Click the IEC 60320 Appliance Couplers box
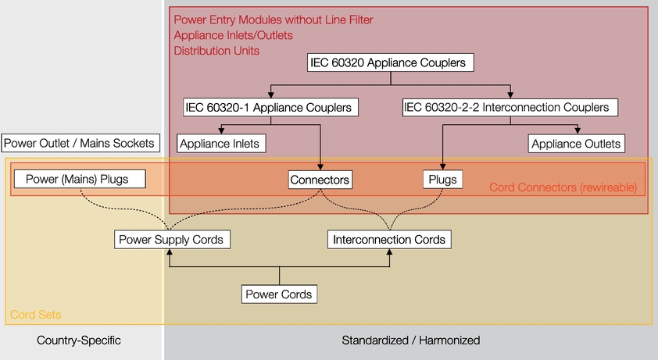coord(390,62)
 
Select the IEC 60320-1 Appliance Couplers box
coord(270,108)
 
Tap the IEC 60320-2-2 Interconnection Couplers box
coord(510,108)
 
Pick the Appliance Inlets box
coord(221,144)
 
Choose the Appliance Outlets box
coord(576,144)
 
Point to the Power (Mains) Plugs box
coord(80,179)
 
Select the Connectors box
coord(320,180)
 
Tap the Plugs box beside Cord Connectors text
coord(443,180)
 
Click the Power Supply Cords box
coord(172,239)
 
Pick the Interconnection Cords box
coord(389,239)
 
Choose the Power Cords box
coord(279,294)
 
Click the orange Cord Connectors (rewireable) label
coord(563,187)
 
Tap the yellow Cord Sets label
coord(36,315)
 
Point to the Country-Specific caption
coord(79,340)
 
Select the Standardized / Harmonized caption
coord(411,340)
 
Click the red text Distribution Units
coord(216,51)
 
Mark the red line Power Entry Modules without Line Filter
coord(274,20)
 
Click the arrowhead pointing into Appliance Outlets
coord(578,130)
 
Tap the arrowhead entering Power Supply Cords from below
coord(170,252)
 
